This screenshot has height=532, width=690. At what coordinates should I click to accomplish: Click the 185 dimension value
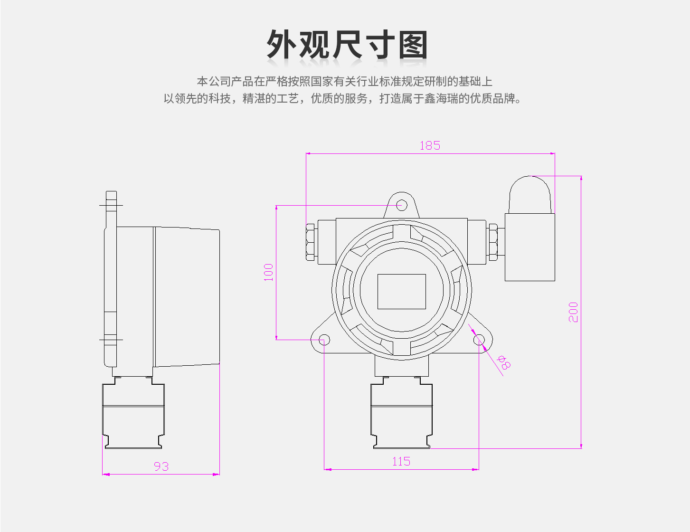[430, 145]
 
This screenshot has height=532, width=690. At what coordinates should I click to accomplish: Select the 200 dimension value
[573, 312]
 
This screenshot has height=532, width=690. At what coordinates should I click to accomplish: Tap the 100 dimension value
[268, 272]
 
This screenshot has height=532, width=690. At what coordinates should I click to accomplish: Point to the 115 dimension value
[401, 461]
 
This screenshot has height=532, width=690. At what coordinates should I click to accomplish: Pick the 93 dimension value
[161, 466]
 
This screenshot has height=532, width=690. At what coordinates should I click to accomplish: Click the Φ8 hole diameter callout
[504, 362]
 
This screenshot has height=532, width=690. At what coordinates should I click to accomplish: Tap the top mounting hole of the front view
[402, 205]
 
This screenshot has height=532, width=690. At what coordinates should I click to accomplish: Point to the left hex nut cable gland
[310, 242]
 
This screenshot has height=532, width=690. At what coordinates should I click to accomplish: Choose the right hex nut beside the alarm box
[493, 242]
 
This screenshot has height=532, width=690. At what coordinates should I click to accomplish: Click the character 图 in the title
[413, 45]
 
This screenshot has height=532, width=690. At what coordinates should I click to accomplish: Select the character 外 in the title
[281, 45]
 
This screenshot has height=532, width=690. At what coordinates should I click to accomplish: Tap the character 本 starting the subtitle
[202, 82]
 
